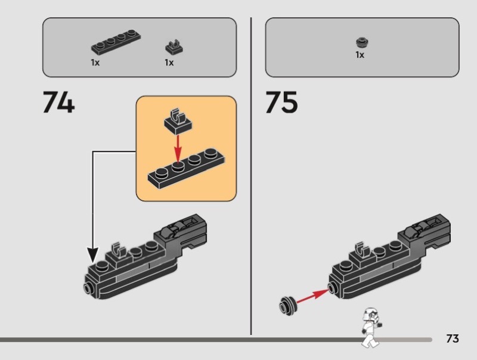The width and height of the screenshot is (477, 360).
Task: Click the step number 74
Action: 58,102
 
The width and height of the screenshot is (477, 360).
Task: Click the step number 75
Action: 281,102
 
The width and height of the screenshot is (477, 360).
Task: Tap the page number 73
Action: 453,339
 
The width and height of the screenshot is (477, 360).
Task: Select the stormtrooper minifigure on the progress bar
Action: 371,327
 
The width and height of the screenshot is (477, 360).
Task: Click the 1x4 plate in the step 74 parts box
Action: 116,42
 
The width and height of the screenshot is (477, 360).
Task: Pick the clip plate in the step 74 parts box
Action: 174,47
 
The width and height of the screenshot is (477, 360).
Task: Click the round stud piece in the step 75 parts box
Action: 362,42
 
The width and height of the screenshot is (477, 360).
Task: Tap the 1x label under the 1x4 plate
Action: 95,63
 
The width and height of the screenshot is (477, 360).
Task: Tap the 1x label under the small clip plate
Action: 169,63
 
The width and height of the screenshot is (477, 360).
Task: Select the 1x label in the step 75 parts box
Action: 360,55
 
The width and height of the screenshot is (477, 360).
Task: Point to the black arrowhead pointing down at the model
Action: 93,255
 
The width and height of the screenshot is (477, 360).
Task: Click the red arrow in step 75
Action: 311,296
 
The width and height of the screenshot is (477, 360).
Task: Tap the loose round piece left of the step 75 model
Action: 287,306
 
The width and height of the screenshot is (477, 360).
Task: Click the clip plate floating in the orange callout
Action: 178,122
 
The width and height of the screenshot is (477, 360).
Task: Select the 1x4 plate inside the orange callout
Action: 187,168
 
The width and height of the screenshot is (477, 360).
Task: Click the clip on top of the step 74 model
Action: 118,250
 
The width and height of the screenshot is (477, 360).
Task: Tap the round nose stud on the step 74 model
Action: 88,287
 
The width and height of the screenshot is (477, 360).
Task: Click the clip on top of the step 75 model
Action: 362,250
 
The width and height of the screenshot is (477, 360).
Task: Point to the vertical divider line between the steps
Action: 251,176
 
